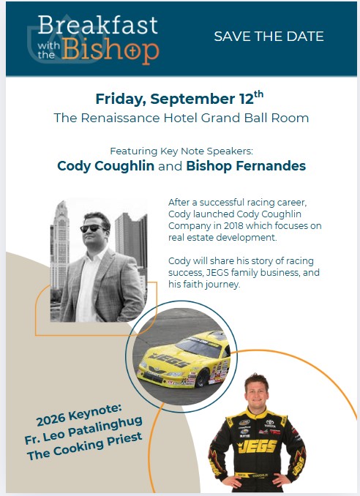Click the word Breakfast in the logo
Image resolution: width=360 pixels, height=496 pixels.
[x=98, y=25]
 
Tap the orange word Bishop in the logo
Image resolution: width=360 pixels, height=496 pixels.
[x=110, y=50]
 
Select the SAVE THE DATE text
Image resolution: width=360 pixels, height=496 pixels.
[x=269, y=37]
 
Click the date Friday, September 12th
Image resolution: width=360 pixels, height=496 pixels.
[x=179, y=98]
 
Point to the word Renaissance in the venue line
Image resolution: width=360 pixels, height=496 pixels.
[x=120, y=118]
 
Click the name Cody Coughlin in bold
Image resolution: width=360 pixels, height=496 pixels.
[x=105, y=166]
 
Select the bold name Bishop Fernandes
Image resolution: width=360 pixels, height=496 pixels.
[x=246, y=166]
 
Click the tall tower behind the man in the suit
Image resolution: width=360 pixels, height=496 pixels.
[x=61, y=244]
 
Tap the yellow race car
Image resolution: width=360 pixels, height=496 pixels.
[x=184, y=360]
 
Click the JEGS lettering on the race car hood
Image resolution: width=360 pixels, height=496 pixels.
[x=170, y=360]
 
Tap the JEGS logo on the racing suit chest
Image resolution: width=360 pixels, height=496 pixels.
[x=257, y=447]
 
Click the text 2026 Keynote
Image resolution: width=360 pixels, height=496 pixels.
[x=79, y=415]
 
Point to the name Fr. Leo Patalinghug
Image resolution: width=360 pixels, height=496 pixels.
[x=83, y=429]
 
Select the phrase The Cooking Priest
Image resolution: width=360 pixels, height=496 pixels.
[x=84, y=446]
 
